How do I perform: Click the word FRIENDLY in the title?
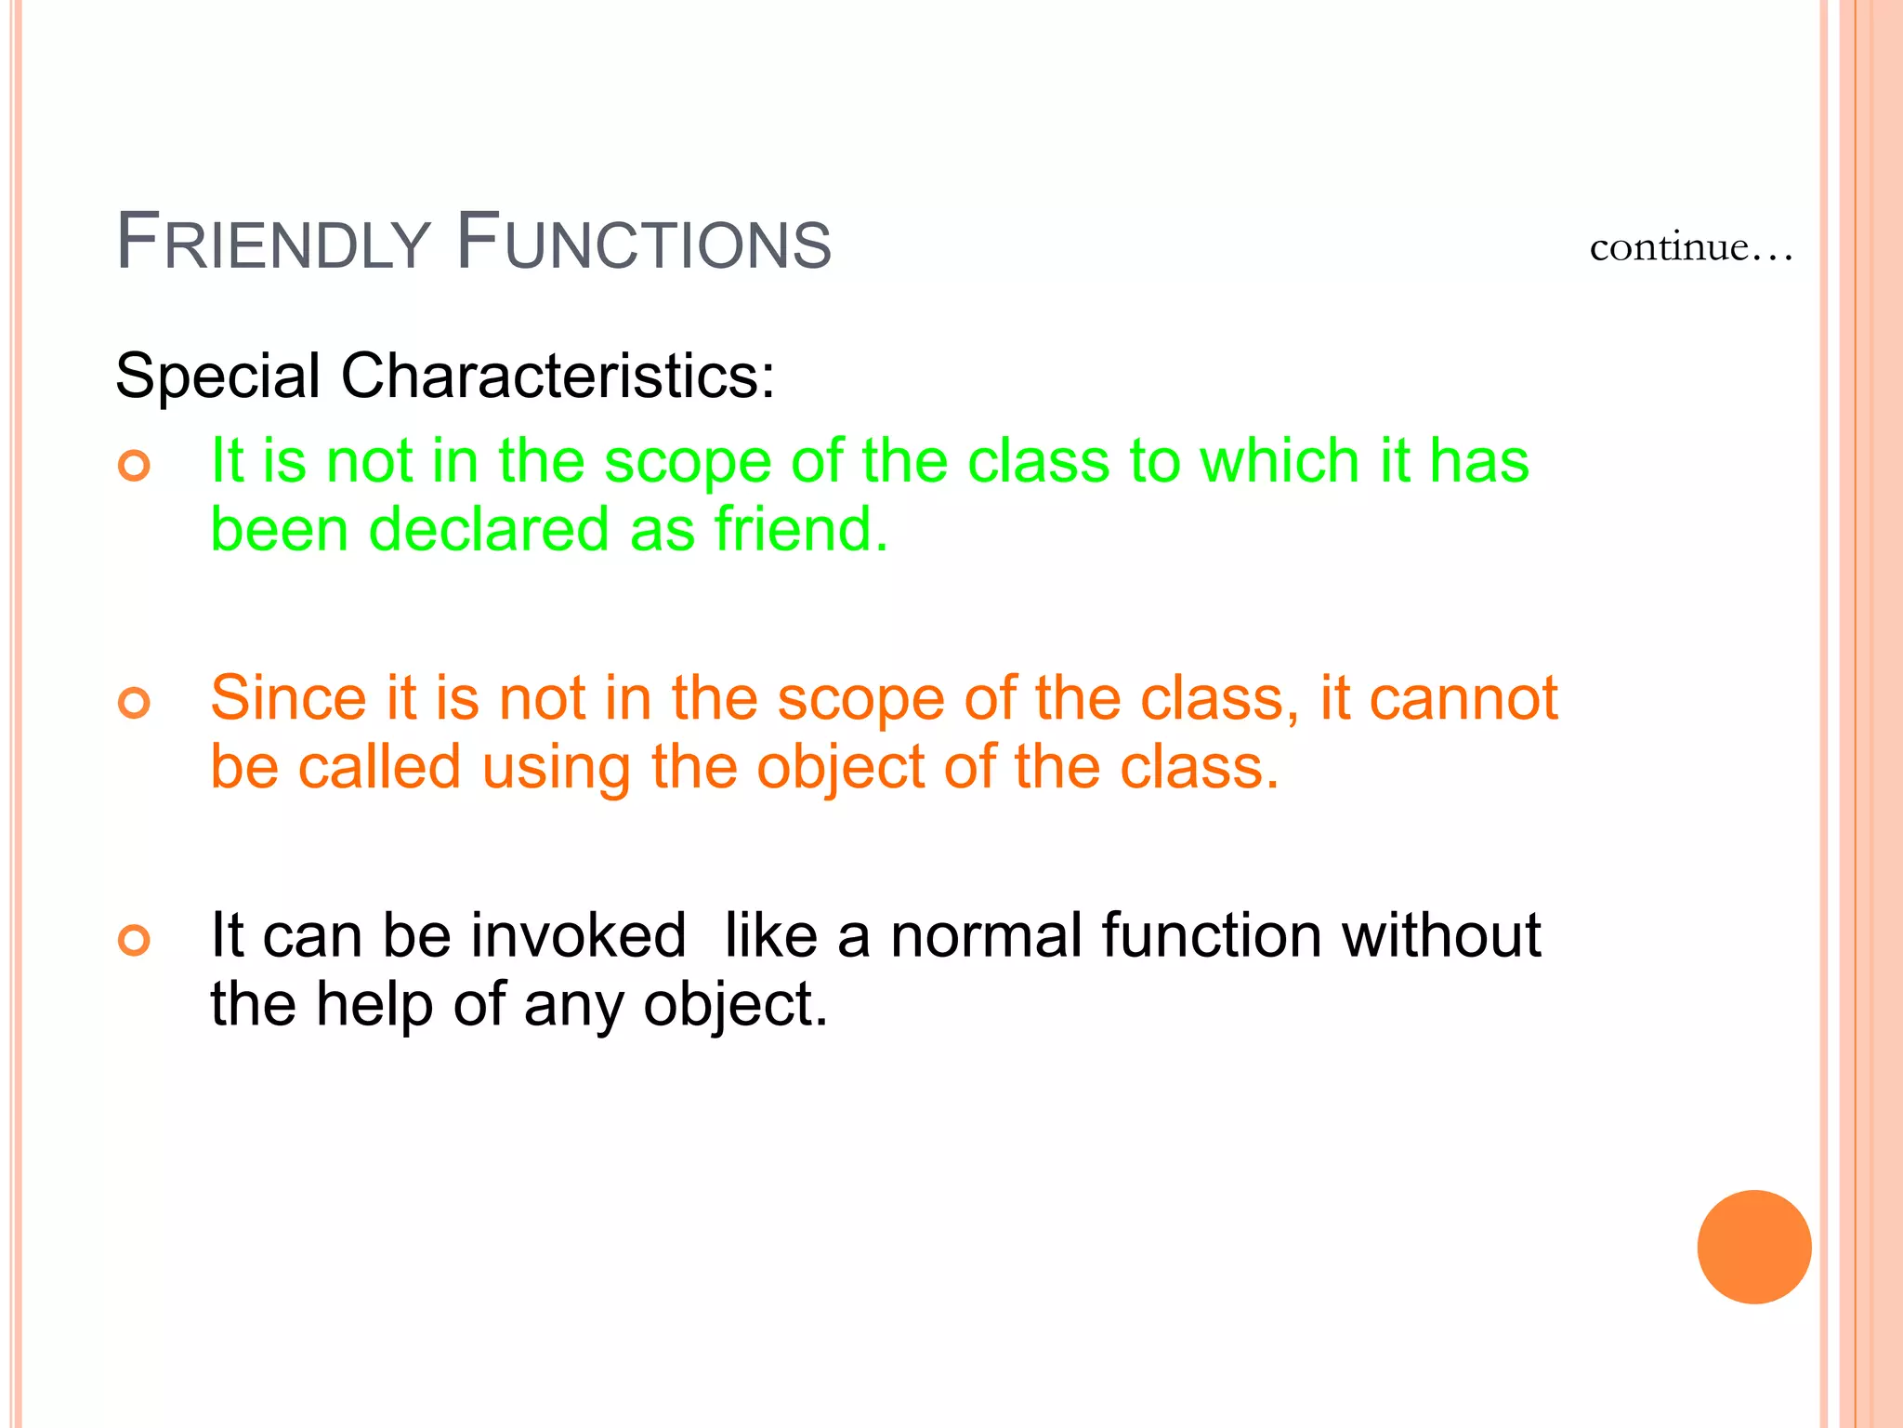coord(273,243)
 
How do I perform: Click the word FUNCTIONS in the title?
coord(644,243)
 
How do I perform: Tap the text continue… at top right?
coord(1690,247)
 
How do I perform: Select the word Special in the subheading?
coord(217,377)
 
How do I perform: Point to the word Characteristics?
coord(558,377)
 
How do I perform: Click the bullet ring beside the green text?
coord(135,465)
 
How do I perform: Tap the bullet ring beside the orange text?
coord(135,702)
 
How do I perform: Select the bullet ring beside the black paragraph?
coord(135,940)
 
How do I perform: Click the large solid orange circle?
coord(1753,1247)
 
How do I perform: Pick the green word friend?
coord(801,530)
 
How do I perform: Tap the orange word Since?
coord(288,698)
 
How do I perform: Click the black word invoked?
coord(578,935)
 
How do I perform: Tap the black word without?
coord(1441,935)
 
